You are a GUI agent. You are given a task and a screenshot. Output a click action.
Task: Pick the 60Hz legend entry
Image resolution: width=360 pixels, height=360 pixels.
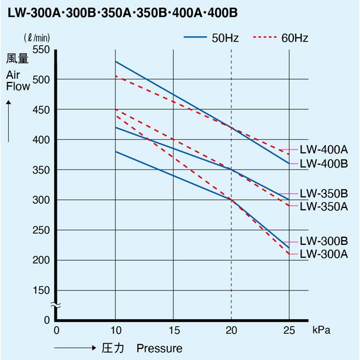(281, 38)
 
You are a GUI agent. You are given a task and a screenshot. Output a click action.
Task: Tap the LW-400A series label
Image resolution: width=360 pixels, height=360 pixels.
(323, 150)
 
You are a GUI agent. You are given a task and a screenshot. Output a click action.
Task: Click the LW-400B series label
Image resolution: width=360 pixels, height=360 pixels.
(323, 164)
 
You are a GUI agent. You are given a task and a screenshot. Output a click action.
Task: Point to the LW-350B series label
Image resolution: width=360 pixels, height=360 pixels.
(323, 193)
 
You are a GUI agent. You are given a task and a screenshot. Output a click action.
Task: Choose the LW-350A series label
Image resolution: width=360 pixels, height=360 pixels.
(323, 206)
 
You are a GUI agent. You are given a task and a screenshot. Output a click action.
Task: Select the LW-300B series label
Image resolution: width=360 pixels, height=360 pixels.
(323, 241)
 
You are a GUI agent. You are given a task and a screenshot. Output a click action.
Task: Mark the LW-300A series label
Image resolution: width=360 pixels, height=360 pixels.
(323, 254)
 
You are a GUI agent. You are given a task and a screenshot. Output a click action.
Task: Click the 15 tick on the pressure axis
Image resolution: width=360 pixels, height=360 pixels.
(174, 330)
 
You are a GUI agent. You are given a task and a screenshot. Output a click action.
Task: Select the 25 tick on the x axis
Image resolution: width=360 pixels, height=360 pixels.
(289, 330)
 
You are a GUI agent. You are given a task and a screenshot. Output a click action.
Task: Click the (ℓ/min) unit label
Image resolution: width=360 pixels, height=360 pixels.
(37, 38)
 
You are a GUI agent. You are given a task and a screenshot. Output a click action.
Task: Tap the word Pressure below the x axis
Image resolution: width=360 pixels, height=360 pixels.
(159, 348)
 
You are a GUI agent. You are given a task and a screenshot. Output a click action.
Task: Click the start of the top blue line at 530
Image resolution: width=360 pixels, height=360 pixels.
(116, 61)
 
